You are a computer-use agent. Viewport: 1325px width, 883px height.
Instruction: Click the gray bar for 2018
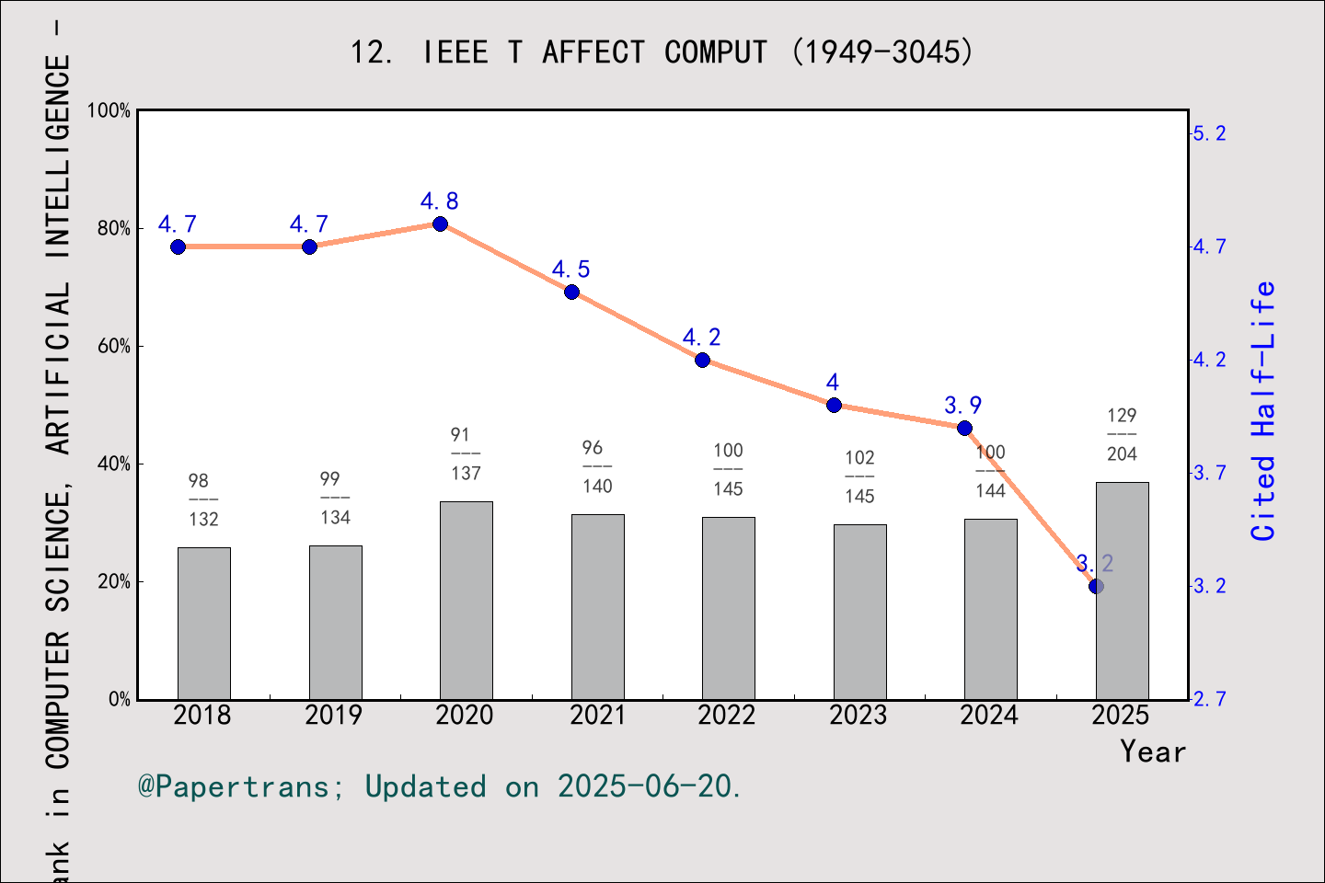coord(204,624)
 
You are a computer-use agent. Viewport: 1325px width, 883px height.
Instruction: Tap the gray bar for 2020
coord(467,600)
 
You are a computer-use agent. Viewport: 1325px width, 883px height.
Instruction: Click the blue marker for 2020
coord(440,224)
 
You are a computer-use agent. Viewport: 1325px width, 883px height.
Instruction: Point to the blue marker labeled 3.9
coord(964,429)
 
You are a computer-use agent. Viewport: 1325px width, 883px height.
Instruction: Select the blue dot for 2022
coord(702,361)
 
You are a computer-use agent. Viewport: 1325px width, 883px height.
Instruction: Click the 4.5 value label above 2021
coord(570,269)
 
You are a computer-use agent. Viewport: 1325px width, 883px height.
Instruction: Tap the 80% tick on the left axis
coord(115,229)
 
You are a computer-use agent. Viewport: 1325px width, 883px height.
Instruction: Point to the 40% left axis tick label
coord(115,464)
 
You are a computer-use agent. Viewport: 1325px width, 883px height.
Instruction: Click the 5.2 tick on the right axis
coord(1209,134)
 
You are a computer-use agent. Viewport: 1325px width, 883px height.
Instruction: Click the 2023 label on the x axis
coord(858,716)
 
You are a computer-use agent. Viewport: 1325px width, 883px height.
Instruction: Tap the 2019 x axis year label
coord(333,716)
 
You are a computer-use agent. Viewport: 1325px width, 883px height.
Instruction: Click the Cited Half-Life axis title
coord(1263,411)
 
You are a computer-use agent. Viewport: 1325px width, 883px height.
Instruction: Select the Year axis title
coord(1152,752)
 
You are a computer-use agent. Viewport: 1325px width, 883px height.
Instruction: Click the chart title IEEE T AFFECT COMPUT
coord(661,52)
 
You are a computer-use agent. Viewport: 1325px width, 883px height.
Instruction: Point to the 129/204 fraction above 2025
coord(1122,435)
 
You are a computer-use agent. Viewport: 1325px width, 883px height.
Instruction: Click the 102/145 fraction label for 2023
coord(859,477)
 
